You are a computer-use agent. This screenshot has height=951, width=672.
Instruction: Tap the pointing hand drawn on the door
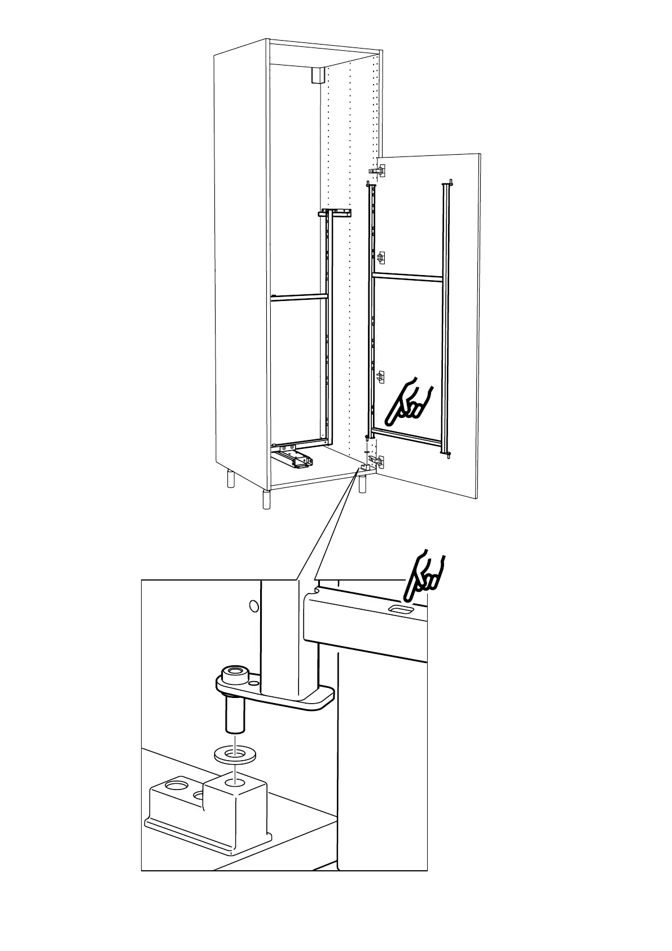tap(408, 402)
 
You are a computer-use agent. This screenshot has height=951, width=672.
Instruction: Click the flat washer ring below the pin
tap(234, 753)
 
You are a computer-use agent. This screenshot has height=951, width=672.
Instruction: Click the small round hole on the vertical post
tap(253, 606)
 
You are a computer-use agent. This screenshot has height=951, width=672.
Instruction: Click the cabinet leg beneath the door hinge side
tap(362, 484)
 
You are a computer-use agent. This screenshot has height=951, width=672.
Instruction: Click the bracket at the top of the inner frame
tap(336, 213)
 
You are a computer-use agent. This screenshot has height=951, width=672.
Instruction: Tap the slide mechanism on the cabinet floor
tap(293, 456)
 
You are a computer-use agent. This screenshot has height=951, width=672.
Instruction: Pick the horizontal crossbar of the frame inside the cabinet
tap(298, 296)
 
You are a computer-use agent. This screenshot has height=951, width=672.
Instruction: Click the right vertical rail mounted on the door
tap(447, 316)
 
